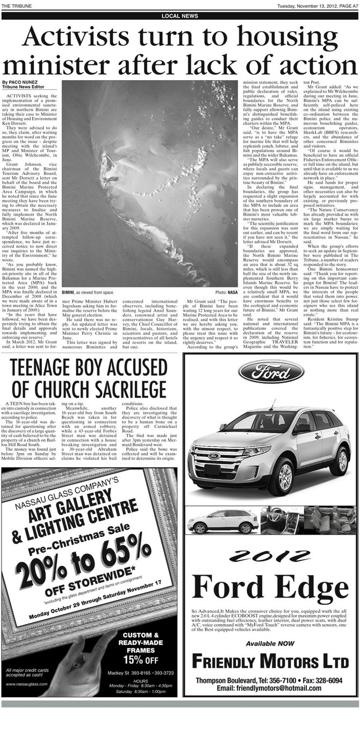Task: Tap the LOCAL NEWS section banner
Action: [179, 16]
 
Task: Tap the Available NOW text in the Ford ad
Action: [270, 643]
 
